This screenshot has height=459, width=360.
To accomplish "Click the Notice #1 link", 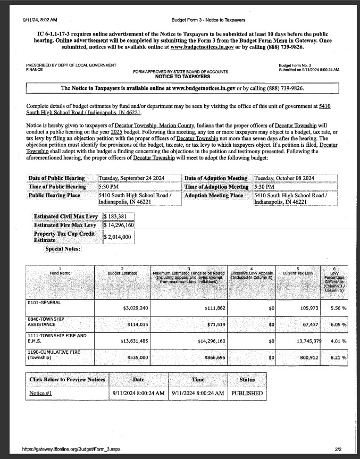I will [40, 394].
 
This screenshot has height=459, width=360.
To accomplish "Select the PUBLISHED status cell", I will [247, 394].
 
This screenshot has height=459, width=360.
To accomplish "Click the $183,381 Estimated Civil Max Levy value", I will [115, 216].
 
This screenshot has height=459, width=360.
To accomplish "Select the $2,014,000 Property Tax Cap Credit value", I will [118, 237].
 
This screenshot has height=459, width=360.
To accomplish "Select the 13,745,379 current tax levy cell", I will [300, 341].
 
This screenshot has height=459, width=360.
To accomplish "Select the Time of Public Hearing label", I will [57, 186].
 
